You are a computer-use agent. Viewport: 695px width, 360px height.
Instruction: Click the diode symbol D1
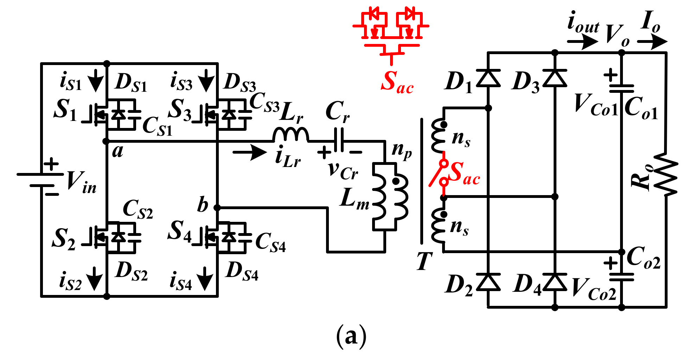(488, 78)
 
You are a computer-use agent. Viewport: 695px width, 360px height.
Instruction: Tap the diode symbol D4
(555, 282)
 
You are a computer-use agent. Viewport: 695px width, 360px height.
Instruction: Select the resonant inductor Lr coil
(291, 135)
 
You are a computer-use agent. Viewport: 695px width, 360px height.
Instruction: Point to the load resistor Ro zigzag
(666, 174)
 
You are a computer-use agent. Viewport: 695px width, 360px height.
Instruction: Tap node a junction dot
(106, 141)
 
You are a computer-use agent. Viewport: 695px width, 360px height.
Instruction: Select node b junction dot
(217, 208)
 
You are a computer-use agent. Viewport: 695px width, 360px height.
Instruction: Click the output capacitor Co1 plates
(621, 89)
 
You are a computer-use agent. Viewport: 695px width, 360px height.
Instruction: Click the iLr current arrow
(250, 152)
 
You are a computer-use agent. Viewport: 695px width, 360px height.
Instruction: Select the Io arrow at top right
(652, 42)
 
